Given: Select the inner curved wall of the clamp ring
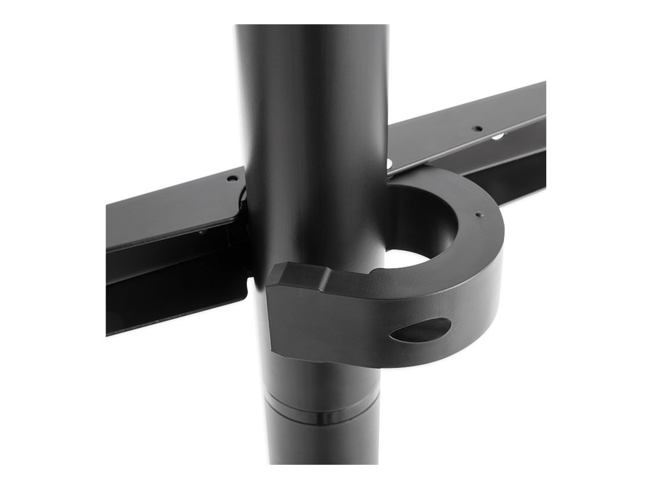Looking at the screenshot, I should click(x=439, y=216).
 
